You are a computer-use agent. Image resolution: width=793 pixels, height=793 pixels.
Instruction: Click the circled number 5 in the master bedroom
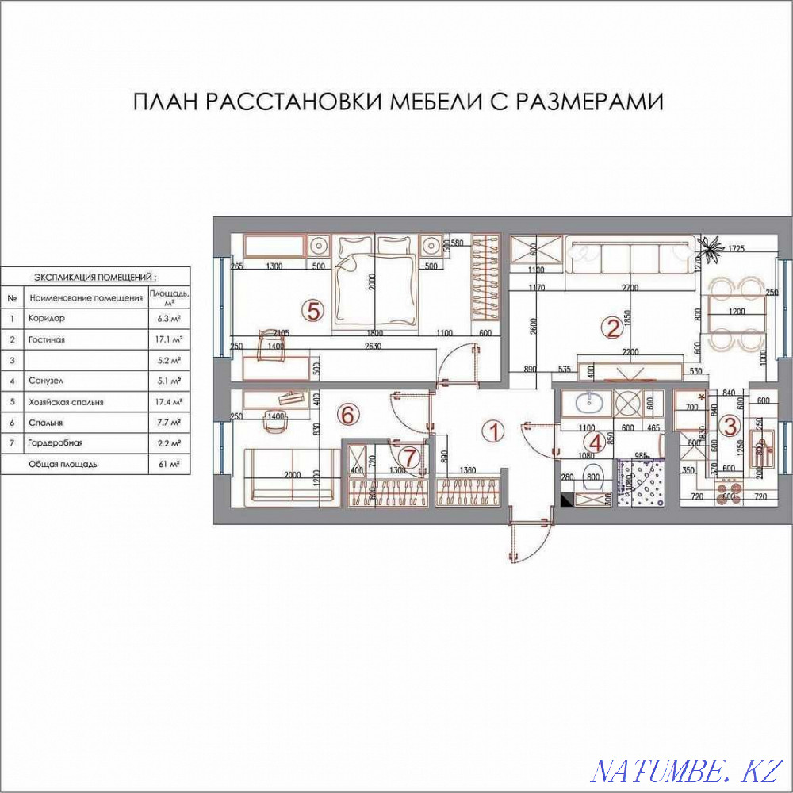pos(314,311)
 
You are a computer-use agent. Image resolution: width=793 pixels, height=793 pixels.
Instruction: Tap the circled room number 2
pos(611,327)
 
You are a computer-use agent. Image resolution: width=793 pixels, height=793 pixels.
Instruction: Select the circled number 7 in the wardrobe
pos(409,457)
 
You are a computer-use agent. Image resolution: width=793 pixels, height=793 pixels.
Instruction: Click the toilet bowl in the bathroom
pos(594,479)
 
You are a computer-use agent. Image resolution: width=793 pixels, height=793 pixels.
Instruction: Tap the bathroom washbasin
pos(588,404)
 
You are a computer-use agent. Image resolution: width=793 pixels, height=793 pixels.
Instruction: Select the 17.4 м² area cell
pos(167,402)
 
